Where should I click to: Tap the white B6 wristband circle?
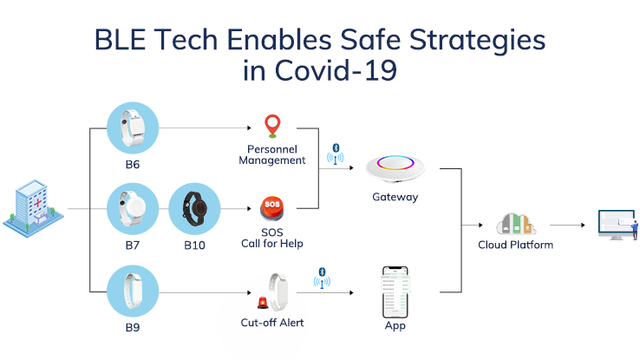point(133,128)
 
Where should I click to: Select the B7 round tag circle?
point(133,209)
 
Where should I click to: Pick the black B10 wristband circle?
point(194,209)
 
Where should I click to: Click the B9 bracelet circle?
point(133,291)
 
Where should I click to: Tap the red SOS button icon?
point(273,210)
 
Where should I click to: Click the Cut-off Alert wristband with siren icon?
point(271,292)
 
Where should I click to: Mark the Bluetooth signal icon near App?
point(322,278)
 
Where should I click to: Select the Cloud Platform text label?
point(516,245)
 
